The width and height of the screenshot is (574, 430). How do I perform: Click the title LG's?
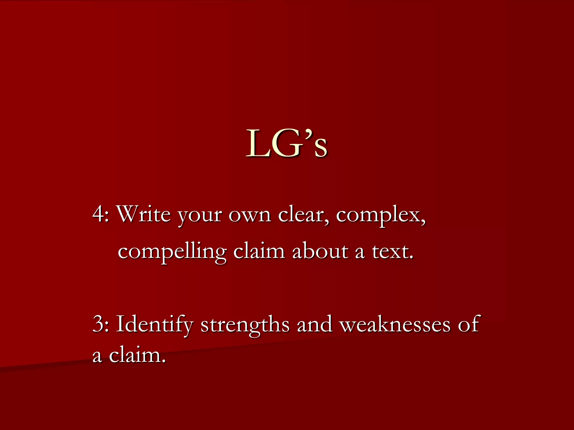coord(286,143)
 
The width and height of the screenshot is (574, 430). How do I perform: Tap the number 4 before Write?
coord(98,214)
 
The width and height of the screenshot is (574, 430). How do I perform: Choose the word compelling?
coord(172,252)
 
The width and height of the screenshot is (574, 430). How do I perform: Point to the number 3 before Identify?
coord(98,324)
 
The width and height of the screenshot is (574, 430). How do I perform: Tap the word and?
coord(314,324)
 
